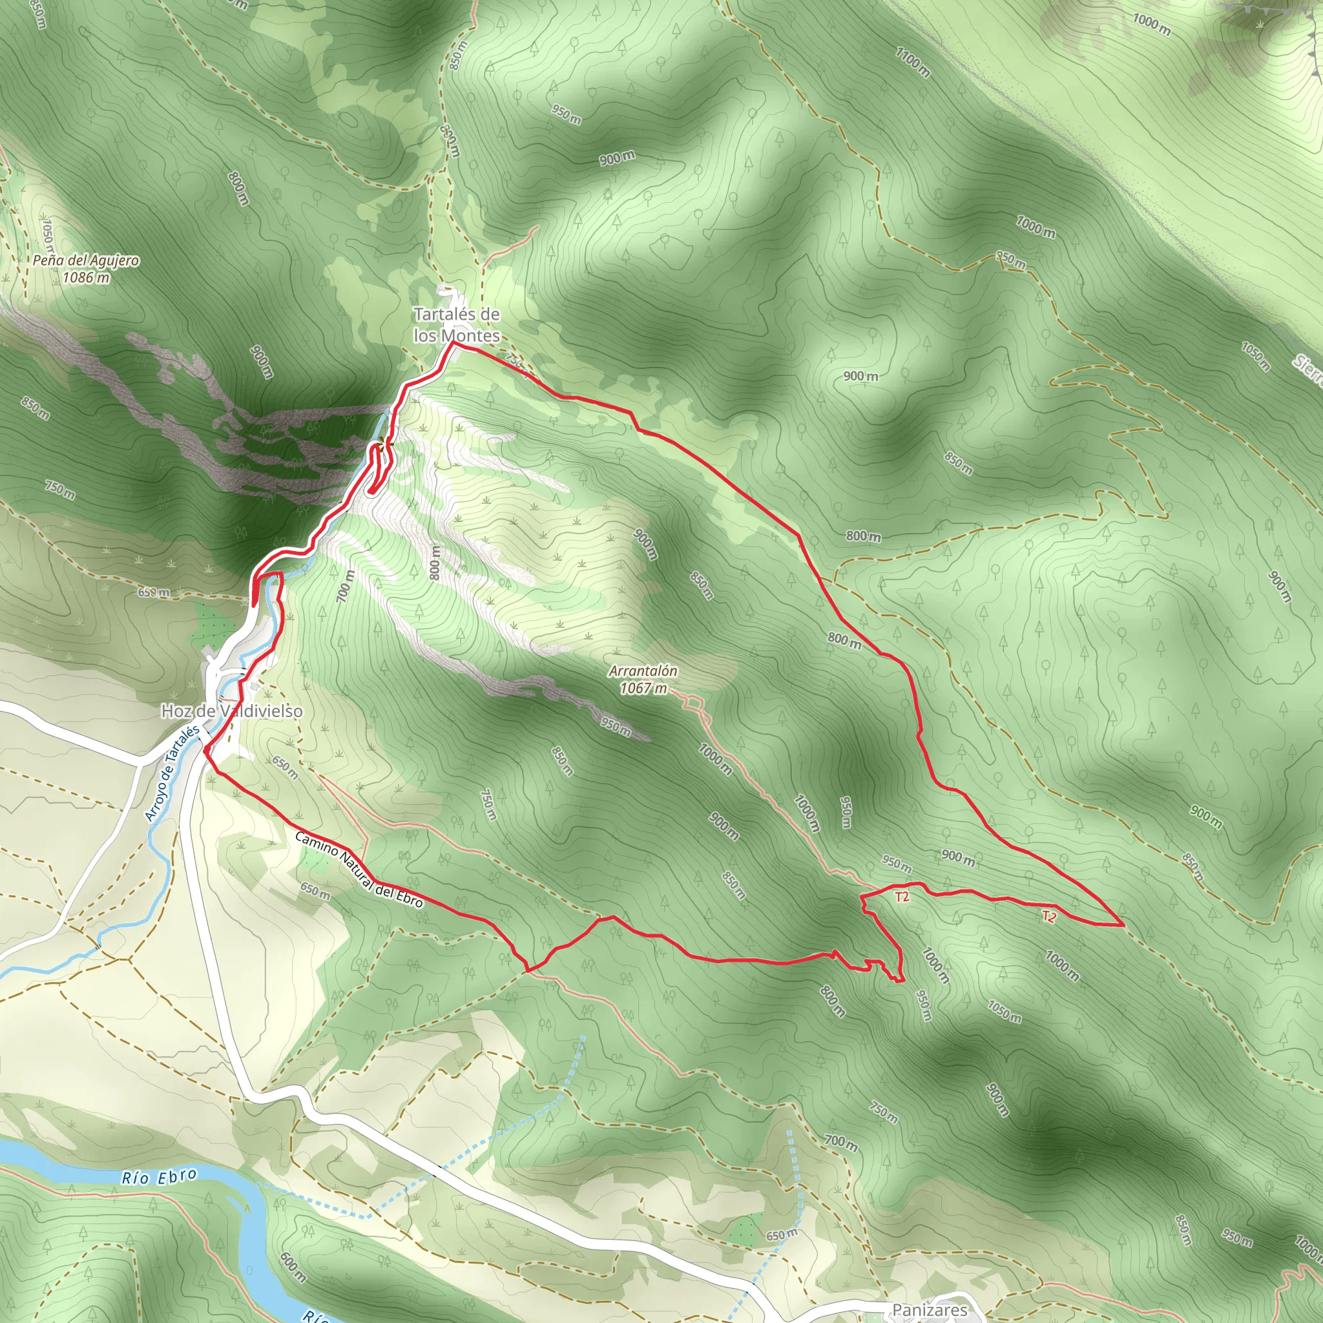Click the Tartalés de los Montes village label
457,324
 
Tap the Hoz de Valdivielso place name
231,711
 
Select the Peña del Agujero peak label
86,260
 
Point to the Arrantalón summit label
643,671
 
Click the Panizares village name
929,1309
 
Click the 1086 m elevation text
86,277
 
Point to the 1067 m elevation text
643,688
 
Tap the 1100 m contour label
913,61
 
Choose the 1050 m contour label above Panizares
1004,1012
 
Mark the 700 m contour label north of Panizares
840,1142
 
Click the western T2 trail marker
902,897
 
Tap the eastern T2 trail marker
1048,916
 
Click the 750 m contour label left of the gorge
60,490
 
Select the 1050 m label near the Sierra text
1256,356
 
